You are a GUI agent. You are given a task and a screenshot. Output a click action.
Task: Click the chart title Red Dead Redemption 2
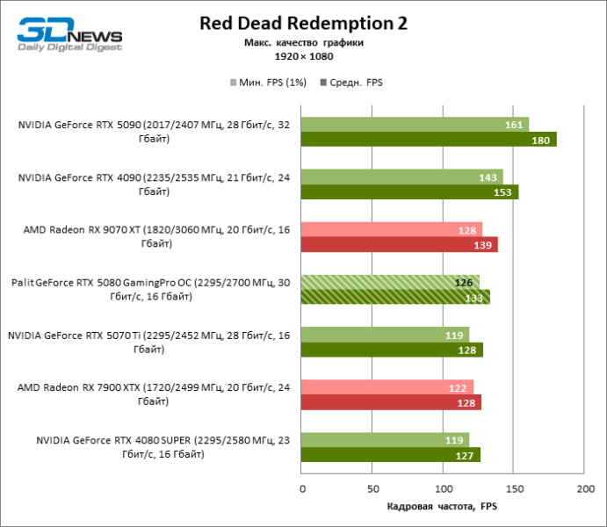[x=303, y=23]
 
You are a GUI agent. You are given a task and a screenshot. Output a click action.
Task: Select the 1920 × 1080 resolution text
[x=302, y=55]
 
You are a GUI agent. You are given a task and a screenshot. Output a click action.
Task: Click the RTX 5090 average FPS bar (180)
[x=429, y=140]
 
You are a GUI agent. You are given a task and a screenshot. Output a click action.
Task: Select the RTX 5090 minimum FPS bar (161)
[x=415, y=125]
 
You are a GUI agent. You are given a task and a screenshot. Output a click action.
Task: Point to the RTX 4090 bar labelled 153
[x=409, y=192]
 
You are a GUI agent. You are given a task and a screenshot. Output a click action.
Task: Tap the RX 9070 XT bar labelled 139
[x=400, y=245]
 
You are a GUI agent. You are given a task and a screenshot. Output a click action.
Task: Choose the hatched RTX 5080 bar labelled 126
[x=390, y=282]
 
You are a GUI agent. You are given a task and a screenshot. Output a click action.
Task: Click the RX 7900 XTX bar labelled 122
[x=387, y=387]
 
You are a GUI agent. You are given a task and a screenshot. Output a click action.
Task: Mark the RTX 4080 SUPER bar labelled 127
[x=391, y=455]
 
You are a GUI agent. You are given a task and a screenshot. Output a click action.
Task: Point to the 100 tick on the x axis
[x=444, y=488]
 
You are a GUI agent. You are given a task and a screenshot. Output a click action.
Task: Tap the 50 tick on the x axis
[x=372, y=488]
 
